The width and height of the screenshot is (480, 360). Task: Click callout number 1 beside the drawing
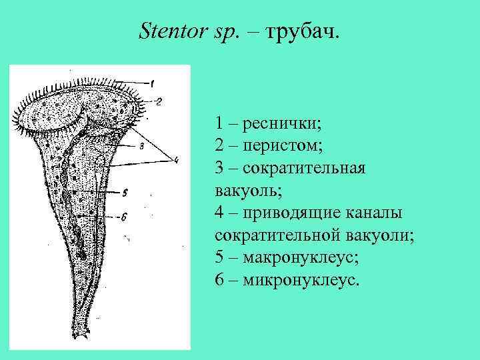[152, 83]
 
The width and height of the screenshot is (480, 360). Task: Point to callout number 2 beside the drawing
[159, 101]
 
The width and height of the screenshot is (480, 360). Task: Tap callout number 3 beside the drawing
[142, 147]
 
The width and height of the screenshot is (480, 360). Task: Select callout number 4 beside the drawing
[176, 159]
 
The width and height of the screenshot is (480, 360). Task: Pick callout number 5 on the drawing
[125, 193]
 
